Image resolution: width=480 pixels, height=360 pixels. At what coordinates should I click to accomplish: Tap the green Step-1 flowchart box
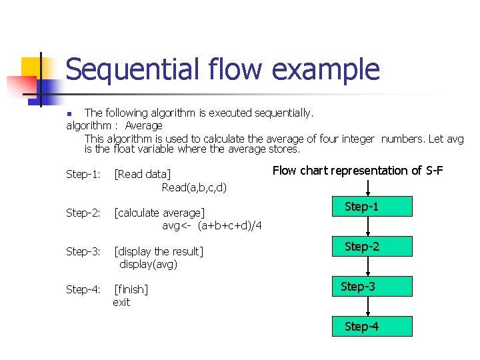click(372, 207)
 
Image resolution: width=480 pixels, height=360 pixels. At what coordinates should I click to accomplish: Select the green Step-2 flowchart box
click(372, 247)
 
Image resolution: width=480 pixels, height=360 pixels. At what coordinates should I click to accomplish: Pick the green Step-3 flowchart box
click(372, 287)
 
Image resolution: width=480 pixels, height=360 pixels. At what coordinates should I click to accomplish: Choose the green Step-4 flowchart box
click(372, 326)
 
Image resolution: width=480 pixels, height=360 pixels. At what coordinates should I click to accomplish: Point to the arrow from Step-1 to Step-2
click(369, 226)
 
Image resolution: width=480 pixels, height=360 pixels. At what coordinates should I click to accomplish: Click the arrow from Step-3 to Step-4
click(369, 306)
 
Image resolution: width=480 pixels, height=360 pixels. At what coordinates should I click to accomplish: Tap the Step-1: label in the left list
click(83, 175)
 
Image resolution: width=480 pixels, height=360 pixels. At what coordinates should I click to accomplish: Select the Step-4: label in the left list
click(83, 290)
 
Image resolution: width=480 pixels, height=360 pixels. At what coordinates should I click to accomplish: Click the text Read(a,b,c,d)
click(194, 187)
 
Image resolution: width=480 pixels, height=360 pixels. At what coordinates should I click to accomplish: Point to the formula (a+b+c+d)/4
click(229, 226)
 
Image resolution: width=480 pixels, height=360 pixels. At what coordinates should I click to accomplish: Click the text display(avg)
click(148, 264)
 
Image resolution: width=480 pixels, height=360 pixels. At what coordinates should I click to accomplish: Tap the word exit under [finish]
click(121, 303)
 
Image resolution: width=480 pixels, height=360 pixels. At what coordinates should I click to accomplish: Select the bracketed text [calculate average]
click(159, 213)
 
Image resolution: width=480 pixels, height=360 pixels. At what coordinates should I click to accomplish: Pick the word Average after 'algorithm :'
click(143, 125)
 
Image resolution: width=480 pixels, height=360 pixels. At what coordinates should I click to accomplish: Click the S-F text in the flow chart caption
click(434, 171)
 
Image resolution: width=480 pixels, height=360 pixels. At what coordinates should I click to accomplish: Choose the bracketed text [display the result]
click(158, 251)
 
